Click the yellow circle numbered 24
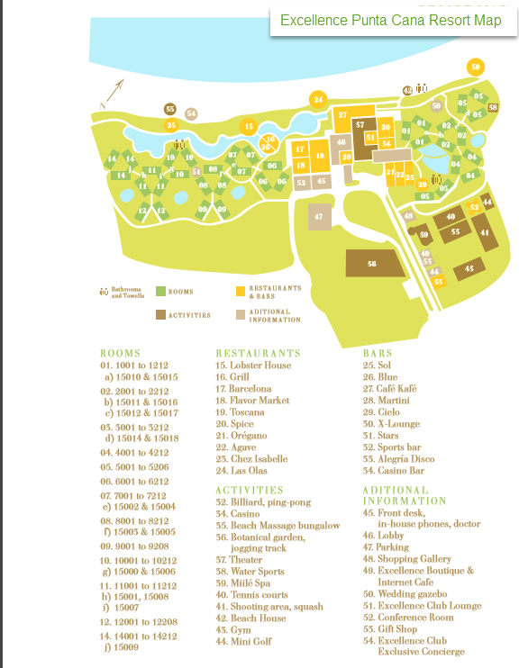pos(317,99)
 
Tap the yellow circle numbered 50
pos(476,67)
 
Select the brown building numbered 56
pos(371,264)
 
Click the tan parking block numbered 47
pos(318,217)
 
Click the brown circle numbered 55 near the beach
pos(169,109)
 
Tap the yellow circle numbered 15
pos(250,124)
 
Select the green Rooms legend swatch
pos(160,291)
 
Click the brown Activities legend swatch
pos(160,314)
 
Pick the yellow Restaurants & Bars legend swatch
pos(240,291)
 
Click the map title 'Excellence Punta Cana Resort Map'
pos(391,20)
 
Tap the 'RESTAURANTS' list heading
pos(258,354)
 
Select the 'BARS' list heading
pos(378,354)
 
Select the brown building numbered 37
pos(360,124)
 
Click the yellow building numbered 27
pos(342,115)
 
